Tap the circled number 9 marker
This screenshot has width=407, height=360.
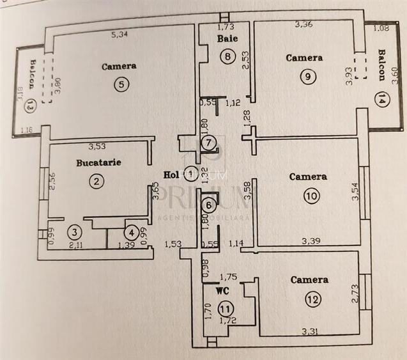pos(309,75)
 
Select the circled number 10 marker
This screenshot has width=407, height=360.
pos(311,196)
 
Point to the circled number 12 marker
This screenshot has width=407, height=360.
pos(312,298)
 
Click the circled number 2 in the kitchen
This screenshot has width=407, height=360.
pos(96,181)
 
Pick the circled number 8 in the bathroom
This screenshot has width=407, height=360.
pos(227,56)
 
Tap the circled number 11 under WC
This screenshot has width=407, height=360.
pos(225,308)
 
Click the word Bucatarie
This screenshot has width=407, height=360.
pos(98,162)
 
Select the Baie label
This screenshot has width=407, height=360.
pos(227,39)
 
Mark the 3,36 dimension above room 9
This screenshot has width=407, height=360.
pos(303,25)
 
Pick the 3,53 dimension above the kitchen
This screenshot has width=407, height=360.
pos(97,146)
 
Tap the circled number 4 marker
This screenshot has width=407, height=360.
pos(130,232)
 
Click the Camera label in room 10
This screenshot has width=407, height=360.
pos(308,176)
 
